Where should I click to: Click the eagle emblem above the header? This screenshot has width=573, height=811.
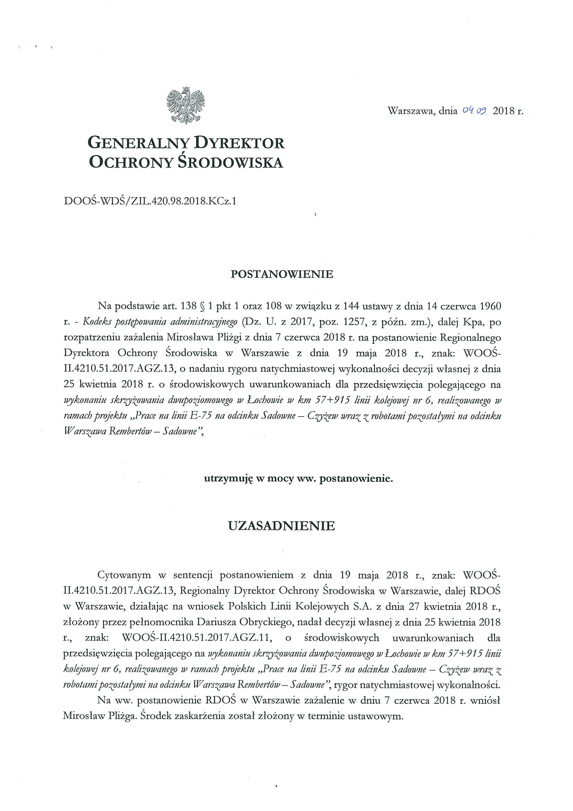186,106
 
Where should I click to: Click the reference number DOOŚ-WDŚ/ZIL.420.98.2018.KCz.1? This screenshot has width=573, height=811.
150,201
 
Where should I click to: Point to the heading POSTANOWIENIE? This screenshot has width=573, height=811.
282,274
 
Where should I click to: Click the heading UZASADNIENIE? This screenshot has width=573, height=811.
281,526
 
